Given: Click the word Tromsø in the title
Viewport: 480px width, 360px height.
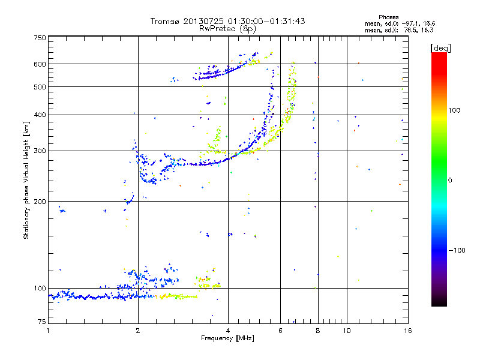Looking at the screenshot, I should (163, 21).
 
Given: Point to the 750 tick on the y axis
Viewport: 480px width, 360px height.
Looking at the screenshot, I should (40, 38).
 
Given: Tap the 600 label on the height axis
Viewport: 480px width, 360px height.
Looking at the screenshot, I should (40, 64).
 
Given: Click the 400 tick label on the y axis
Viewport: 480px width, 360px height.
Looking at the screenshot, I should (40, 115).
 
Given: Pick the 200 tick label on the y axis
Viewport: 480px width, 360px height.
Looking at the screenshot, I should (40, 202).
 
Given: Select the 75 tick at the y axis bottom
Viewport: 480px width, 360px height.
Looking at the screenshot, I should (42, 322).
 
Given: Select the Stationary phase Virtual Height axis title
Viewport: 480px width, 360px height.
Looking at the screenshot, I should (26, 178).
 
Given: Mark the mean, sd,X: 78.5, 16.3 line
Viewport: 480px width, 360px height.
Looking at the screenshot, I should (399, 29).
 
